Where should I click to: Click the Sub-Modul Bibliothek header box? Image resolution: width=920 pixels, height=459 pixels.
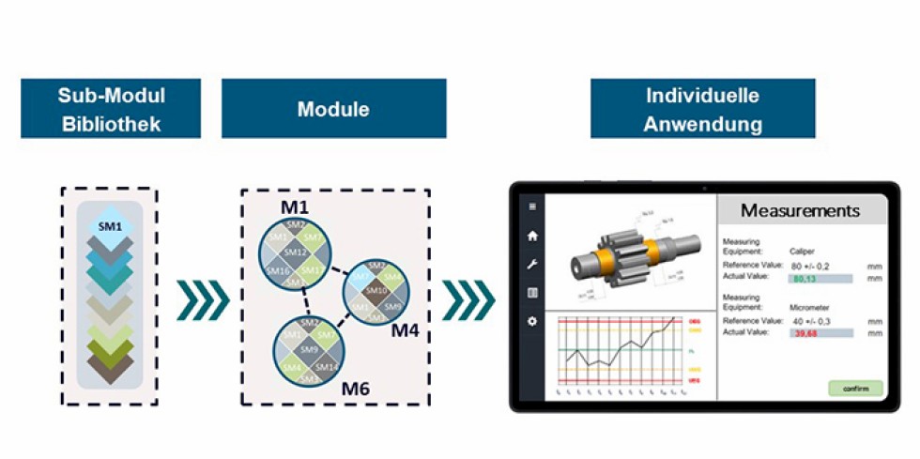111,109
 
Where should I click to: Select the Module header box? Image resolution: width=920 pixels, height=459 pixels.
333,109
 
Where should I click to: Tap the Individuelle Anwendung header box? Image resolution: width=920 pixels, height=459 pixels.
702,109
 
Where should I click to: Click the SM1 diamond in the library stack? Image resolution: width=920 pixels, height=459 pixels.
110,225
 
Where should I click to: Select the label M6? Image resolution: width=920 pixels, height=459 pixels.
356,388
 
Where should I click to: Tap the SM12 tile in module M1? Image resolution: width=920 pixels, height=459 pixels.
297,252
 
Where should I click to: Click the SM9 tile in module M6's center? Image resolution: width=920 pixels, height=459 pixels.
309,349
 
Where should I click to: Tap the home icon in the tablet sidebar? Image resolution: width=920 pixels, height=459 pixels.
533,237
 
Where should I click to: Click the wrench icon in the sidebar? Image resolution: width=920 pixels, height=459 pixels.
533,265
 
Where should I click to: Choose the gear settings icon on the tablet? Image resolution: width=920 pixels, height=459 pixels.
533,321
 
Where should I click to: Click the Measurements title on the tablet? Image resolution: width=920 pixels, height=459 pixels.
800,210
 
